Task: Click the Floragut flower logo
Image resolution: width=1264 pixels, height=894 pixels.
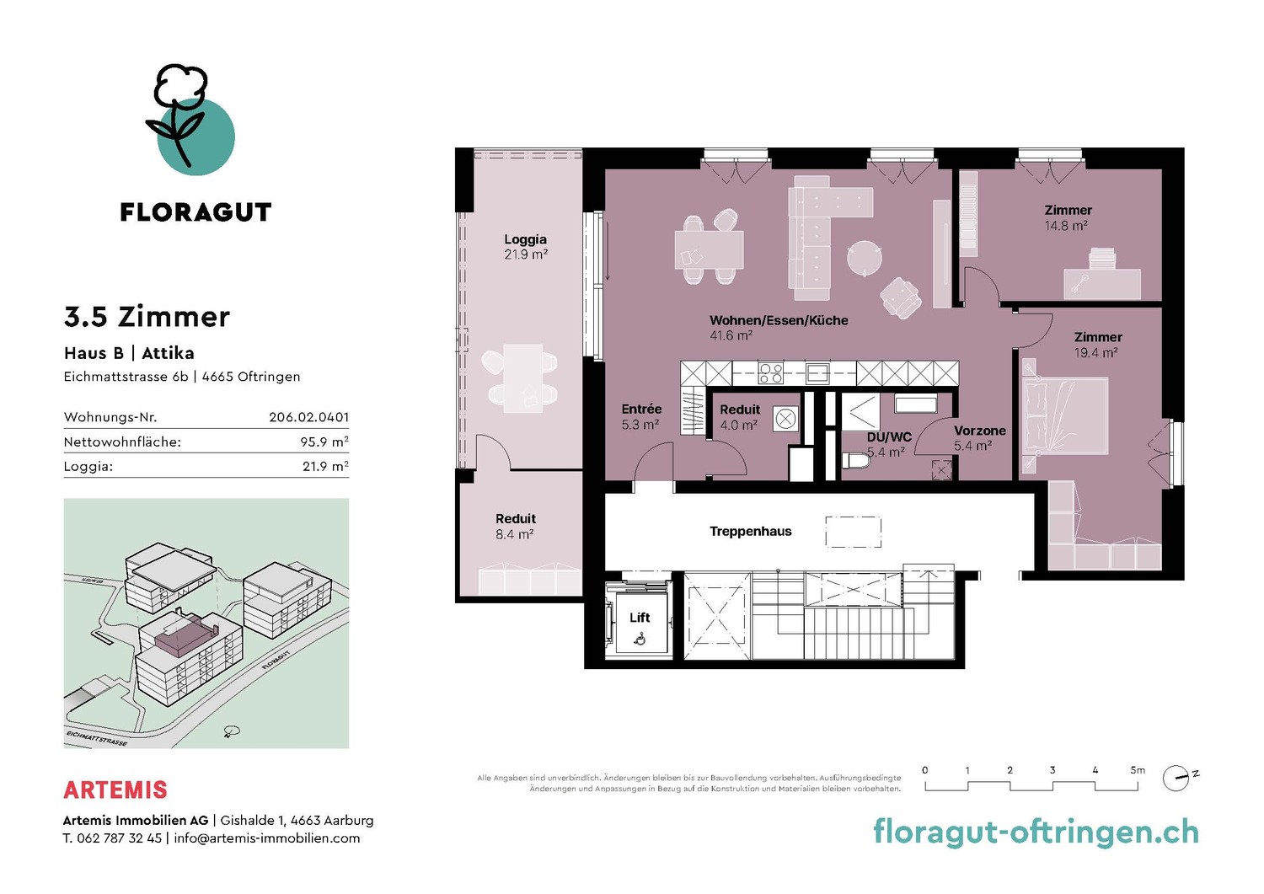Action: pos(190,120)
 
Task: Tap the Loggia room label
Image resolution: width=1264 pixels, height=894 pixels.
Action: pos(525,239)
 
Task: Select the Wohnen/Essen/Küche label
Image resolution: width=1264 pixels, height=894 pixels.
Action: pos(779,320)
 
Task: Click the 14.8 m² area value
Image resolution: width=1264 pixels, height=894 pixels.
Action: pos(1066,226)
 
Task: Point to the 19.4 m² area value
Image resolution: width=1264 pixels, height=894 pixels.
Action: pos(1095,353)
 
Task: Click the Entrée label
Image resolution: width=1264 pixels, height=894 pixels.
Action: pos(641,409)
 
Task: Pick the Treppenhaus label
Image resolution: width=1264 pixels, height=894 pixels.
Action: pos(751,531)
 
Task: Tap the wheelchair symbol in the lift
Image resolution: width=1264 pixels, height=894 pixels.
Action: pos(640,639)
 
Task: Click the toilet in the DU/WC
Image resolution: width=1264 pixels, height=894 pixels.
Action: pos(856,460)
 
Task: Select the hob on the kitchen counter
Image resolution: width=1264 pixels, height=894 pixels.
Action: pos(770,373)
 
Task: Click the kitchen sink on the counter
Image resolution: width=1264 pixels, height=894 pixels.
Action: pos(817,373)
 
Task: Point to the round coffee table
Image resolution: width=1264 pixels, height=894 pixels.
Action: pos(864,259)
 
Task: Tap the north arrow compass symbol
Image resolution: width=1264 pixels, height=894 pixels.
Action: pos(1176,778)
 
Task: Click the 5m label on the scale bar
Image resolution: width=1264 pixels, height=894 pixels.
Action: pos(1138,770)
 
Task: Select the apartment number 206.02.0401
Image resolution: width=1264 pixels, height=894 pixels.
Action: pos(308,417)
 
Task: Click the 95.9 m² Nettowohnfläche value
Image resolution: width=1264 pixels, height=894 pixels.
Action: pos(324,442)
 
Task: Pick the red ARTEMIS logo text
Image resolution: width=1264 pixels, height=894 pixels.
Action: pos(115,790)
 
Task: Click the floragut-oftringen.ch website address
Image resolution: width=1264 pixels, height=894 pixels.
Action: pos(1036,832)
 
